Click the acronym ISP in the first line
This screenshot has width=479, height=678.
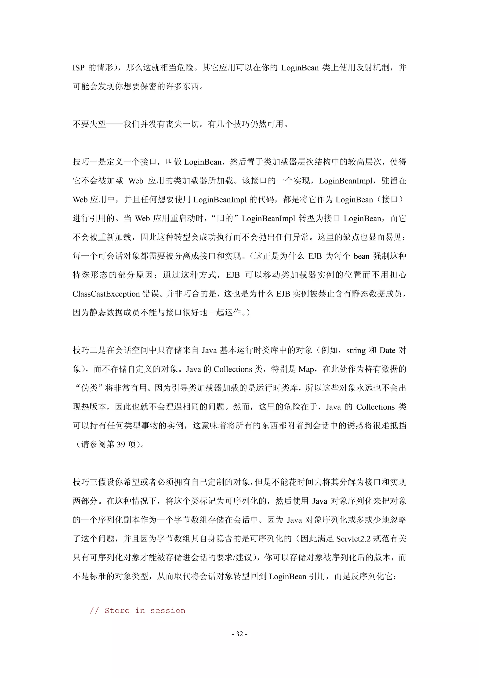pyautogui.click(x=79, y=68)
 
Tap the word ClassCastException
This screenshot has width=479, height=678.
pyautogui.click(x=106, y=294)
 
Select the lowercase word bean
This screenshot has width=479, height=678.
pyautogui.click(x=362, y=256)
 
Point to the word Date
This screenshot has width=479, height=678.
pyautogui.click(x=387, y=351)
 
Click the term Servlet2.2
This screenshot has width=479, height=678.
pyautogui.click(x=353, y=539)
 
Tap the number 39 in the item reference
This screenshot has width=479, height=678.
pyautogui.click(x=121, y=445)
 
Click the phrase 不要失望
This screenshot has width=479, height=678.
pyautogui.click(x=89, y=124)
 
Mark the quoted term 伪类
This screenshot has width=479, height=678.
pyautogui.click(x=89, y=388)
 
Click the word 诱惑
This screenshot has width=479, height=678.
pyautogui.click(x=356, y=426)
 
